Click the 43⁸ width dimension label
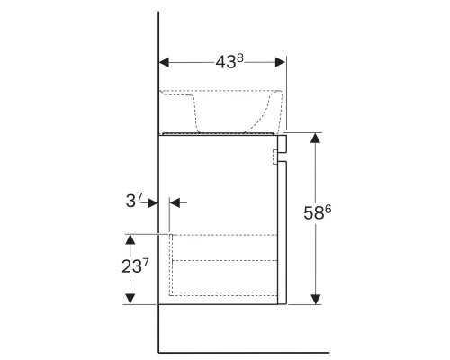229,62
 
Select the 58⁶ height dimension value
318,212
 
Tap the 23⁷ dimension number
135,265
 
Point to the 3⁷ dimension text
134,201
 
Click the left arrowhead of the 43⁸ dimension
164,62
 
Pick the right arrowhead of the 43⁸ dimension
280,62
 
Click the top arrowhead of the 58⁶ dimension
315,138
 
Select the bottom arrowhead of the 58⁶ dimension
315,299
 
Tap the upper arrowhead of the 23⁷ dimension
130,239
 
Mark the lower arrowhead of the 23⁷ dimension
130,299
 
